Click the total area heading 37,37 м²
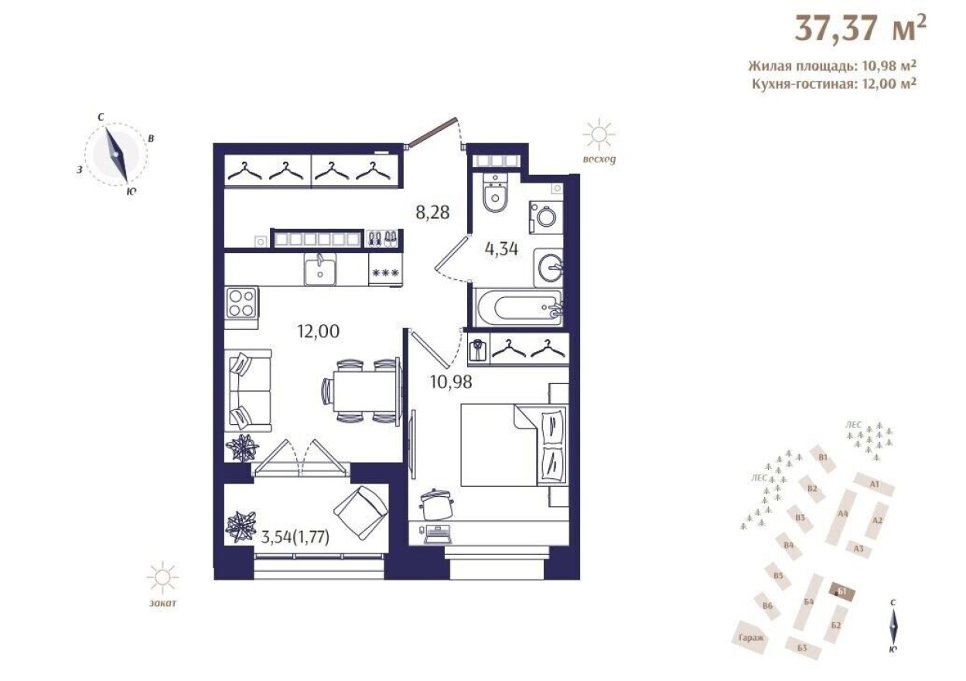click(858, 30)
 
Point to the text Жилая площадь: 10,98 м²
click(833, 67)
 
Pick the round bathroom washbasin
click(551, 268)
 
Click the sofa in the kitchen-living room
click(247, 390)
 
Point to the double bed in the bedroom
click(513, 444)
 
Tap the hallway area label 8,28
click(432, 210)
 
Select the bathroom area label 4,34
click(500, 249)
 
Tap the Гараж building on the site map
click(750, 636)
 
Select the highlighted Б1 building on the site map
click(842, 593)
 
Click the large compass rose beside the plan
click(116, 154)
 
